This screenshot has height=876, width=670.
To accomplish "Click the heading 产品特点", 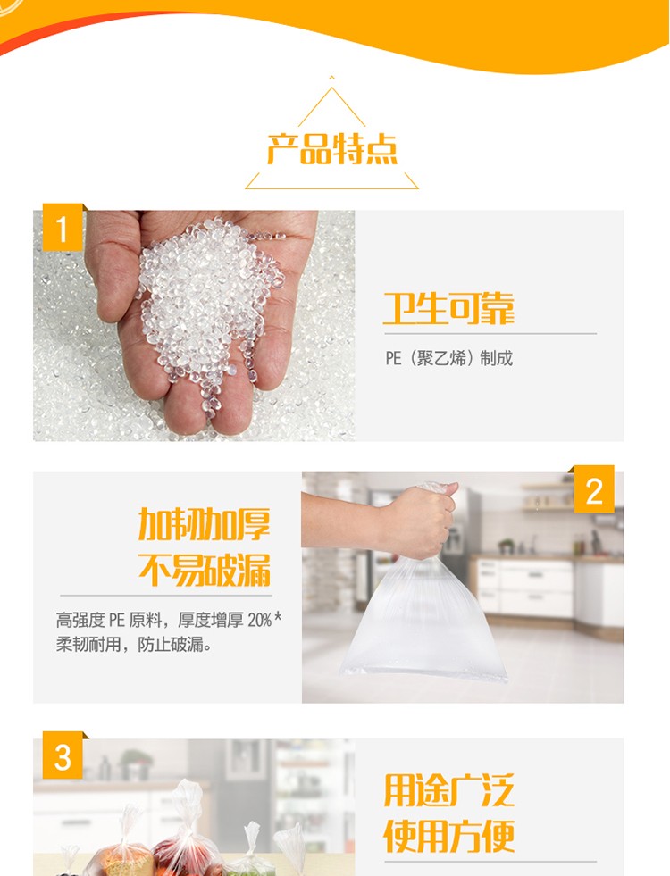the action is pyautogui.click(x=332, y=149).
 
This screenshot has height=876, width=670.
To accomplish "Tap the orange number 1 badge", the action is pyautogui.click(x=62, y=228).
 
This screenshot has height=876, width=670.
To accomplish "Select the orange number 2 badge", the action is pyautogui.click(x=594, y=488).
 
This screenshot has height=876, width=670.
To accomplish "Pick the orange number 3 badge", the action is pyautogui.click(x=62, y=755).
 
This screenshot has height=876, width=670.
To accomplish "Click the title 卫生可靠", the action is pyautogui.click(x=448, y=308).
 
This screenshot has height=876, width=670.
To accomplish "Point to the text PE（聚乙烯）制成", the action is pyautogui.click(x=448, y=358).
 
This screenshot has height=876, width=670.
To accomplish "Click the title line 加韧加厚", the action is pyautogui.click(x=205, y=524).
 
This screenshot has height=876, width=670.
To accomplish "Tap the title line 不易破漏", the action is pyautogui.click(x=205, y=570).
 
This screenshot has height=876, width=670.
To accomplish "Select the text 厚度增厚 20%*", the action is pyautogui.click(x=230, y=620).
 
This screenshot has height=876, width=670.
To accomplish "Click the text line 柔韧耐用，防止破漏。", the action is pyautogui.click(x=134, y=645).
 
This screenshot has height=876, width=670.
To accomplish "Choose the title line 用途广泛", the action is pyautogui.click(x=448, y=790).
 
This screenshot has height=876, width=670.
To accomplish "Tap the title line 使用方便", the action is pyautogui.click(x=448, y=836).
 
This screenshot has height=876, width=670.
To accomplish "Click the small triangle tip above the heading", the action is pyautogui.click(x=332, y=77).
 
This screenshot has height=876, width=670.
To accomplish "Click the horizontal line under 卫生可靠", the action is pyautogui.click(x=490, y=334).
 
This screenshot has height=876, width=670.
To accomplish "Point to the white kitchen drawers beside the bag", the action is pyautogui.click(x=525, y=587).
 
